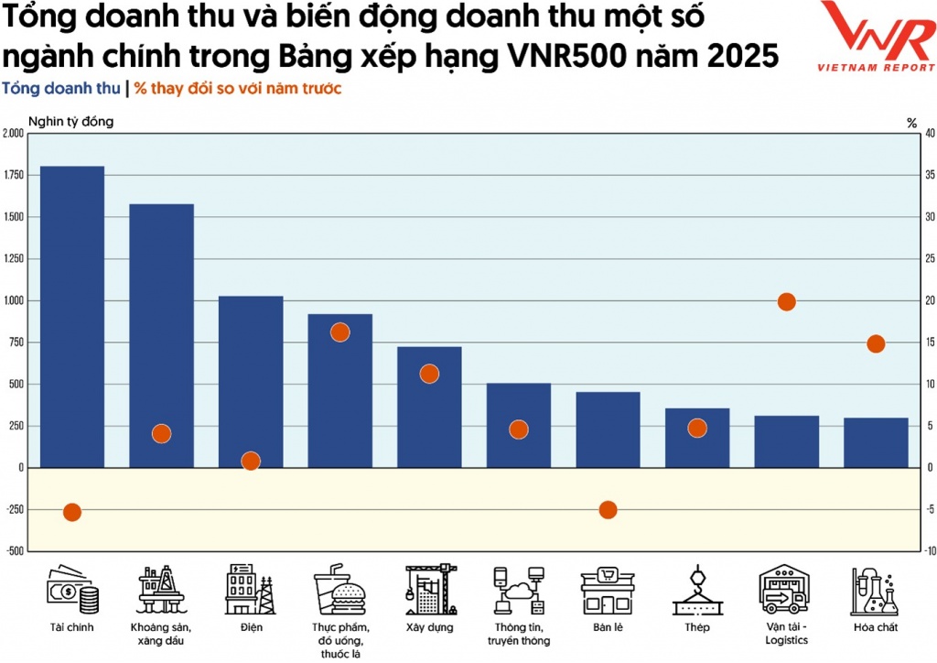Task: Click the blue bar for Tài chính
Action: [x=72, y=316]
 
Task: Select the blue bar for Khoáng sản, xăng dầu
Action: [x=161, y=335]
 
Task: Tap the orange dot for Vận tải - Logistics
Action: [x=786, y=302]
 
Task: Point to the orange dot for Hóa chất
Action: [x=876, y=344]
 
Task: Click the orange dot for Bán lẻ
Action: [x=608, y=510]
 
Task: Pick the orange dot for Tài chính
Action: [x=72, y=512]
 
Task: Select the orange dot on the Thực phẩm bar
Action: [x=339, y=332]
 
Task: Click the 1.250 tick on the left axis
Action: [x=14, y=259]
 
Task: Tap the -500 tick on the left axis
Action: [x=14, y=551]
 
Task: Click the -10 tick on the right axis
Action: [x=929, y=551]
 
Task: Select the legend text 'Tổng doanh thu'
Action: [x=61, y=89]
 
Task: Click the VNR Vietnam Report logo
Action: [x=876, y=37]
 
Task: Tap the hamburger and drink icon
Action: [x=339, y=591]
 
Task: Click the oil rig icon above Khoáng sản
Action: [x=161, y=591]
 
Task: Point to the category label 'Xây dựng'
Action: [x=429, y=628]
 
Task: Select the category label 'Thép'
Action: [x=696, y=628]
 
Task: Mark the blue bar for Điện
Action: [x=251, y=381]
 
